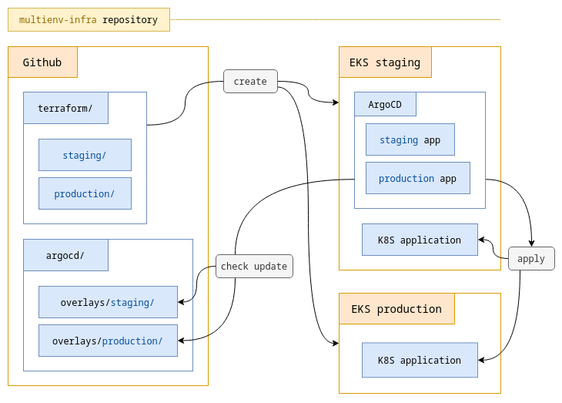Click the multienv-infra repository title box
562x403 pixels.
click(x=89, y=20)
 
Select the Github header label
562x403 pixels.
click(x=42, y=62)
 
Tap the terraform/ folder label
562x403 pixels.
click(x=65, y=109)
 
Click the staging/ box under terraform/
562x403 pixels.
click(x=85, y=155)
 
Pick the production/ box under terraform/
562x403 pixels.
click(x=85, y=193)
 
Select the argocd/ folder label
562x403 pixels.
click(x=65, y=255)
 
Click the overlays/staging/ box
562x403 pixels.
click(x=108, y=302)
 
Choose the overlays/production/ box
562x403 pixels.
click(x=108, y=341)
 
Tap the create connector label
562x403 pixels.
click(x=250, y=81)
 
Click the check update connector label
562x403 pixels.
click(x=254, y=266)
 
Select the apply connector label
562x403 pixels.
click(x=531, y=258)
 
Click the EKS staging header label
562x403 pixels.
click(x=385, y=62)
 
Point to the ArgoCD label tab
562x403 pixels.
click(x=385, y=104)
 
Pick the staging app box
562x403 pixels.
click(x=410, y=139)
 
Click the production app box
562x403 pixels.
click(x=417, y=178)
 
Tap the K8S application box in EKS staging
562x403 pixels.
click(x=420, y=240)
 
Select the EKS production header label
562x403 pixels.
click(x=396, y=309)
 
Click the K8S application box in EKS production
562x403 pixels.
click(x=420, y=360)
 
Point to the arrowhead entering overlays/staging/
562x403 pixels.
click(x=182, y=302)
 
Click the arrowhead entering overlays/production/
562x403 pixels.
click(x=182, y=340)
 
